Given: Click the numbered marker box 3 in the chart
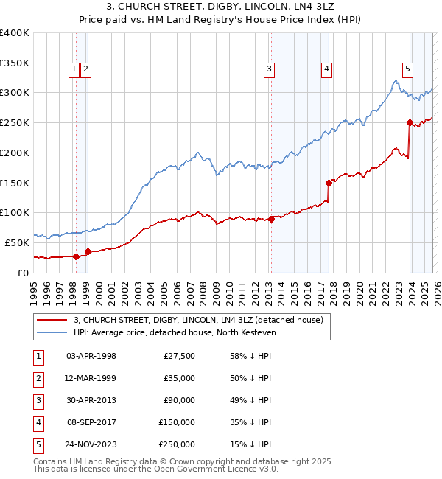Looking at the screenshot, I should tap(270, 69).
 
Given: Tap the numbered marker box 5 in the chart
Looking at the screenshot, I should tap(407, 69).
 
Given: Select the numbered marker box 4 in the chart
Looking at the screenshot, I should tap(326, 69).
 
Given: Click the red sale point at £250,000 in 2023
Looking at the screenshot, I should tap(409, 122).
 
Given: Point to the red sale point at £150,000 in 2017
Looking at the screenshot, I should tap(329, 182).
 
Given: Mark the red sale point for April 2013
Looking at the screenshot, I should tap(271, 218).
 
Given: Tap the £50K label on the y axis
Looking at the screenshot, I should tap(17, 242).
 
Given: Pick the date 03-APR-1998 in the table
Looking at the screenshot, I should tap(91, 356).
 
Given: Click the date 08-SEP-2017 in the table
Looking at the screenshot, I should tap(91, 422).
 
